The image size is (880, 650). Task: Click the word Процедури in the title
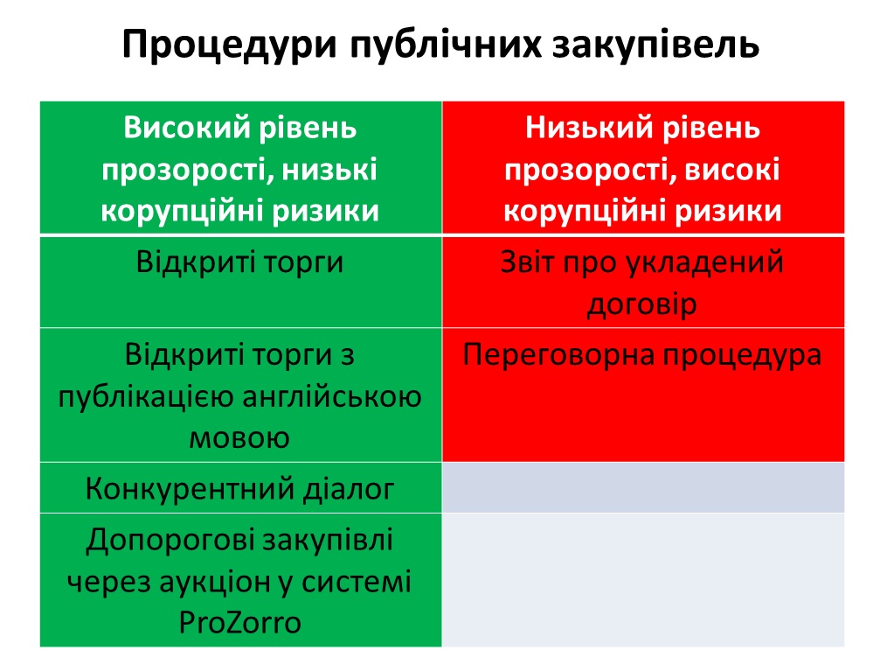coord(229,45)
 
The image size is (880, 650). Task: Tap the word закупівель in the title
coord(655,45)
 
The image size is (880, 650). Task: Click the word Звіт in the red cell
coord(528,262)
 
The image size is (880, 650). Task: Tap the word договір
coord(642,305)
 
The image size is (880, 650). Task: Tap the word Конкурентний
coord(190,489)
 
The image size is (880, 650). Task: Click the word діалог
coord(349,489)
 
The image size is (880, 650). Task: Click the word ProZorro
coord(239,623)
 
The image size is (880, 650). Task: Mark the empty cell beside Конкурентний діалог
coord(643,487)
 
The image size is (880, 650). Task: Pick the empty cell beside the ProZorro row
coord(643,580)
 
